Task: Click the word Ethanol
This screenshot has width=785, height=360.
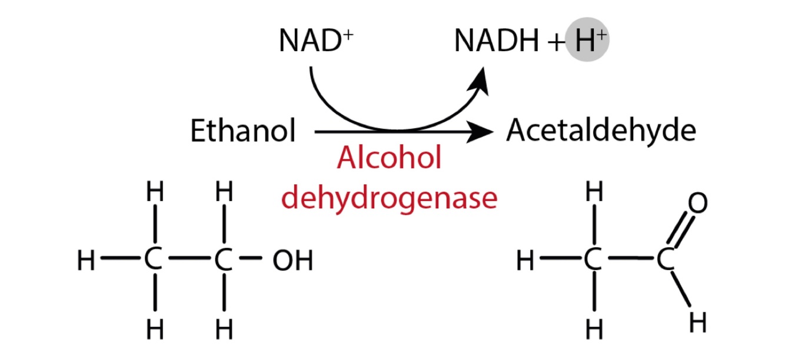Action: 242,131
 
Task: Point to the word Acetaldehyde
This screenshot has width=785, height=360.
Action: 601,131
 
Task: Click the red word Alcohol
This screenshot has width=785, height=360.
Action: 389,159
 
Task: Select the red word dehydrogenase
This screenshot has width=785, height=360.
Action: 389,198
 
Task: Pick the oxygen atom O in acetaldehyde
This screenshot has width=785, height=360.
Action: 697,204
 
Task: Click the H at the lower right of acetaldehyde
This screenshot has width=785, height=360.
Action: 697,322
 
